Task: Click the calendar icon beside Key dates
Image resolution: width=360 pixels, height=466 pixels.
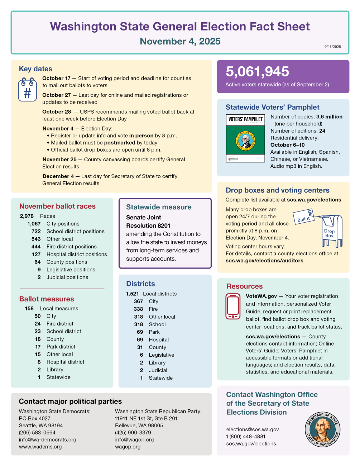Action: [28, 90]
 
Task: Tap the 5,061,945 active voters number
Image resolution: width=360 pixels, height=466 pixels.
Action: [257, 72]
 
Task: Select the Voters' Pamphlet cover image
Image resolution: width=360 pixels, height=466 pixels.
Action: [245, 138]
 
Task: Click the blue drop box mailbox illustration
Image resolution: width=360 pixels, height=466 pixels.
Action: [332, 231]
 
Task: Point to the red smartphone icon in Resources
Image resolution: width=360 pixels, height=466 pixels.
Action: [233, 306]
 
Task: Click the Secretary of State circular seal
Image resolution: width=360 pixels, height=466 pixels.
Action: [322, 429]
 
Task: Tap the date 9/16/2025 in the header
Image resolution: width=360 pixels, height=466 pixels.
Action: [332, 47]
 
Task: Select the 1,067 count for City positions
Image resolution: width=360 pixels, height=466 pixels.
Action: [34, 224]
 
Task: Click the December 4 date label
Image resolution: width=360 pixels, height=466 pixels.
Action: [58, 176]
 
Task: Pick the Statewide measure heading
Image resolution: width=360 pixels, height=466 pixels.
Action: [159, 207]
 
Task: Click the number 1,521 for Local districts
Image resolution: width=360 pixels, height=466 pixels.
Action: [132, 294]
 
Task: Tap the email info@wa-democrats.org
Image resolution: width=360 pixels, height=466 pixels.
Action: [48, 439]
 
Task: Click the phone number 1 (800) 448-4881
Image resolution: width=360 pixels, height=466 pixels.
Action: [246, 437]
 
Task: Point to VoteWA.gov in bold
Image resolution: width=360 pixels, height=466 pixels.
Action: [261, 296]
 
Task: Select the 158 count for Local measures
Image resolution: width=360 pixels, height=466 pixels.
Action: [29, 309]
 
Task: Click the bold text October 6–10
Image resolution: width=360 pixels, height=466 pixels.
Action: [287, 145]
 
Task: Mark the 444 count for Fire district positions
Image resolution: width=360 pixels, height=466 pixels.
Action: [36, 247]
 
